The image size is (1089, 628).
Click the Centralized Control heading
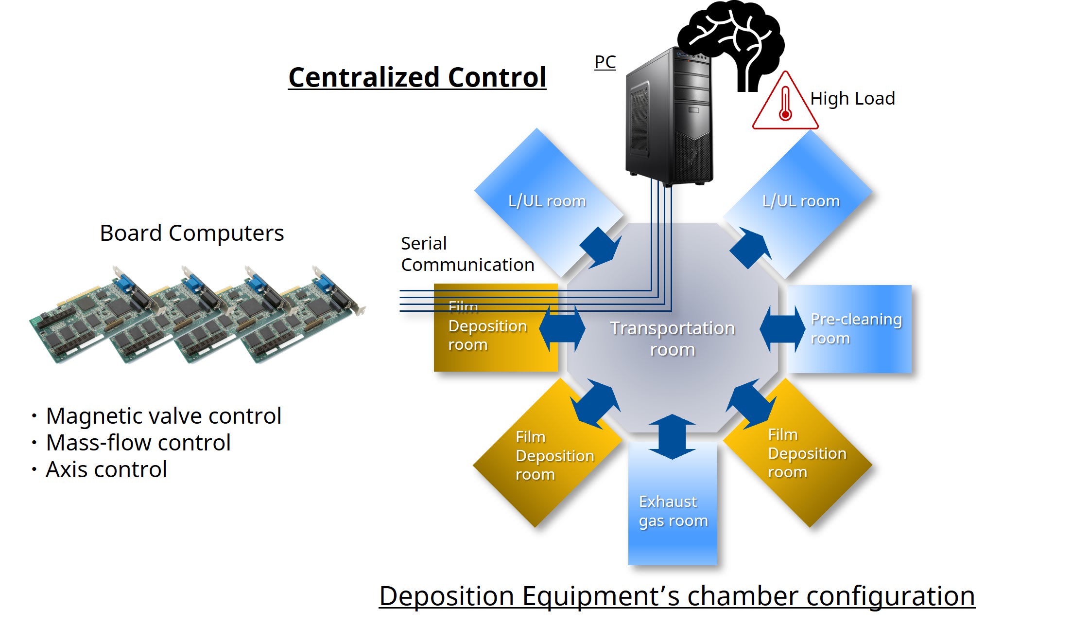click(417, 78)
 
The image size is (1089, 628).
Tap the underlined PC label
click(605, 62)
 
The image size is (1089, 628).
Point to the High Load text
click(852, 99)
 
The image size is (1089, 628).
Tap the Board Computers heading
click(191, 233)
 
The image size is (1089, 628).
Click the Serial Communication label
click(467, 254)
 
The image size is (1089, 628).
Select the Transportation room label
click(672, 339)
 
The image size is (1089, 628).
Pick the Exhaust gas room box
click(673, 511)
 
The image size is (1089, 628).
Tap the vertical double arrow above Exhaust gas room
click(672, 436)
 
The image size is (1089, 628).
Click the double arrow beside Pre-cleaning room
click(782, 329)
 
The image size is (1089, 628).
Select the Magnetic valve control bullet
click(163, 416)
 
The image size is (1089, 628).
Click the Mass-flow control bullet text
click(138, 443)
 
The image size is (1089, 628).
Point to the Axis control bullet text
click(106, 469)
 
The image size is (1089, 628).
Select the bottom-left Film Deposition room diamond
click(539, 462)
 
